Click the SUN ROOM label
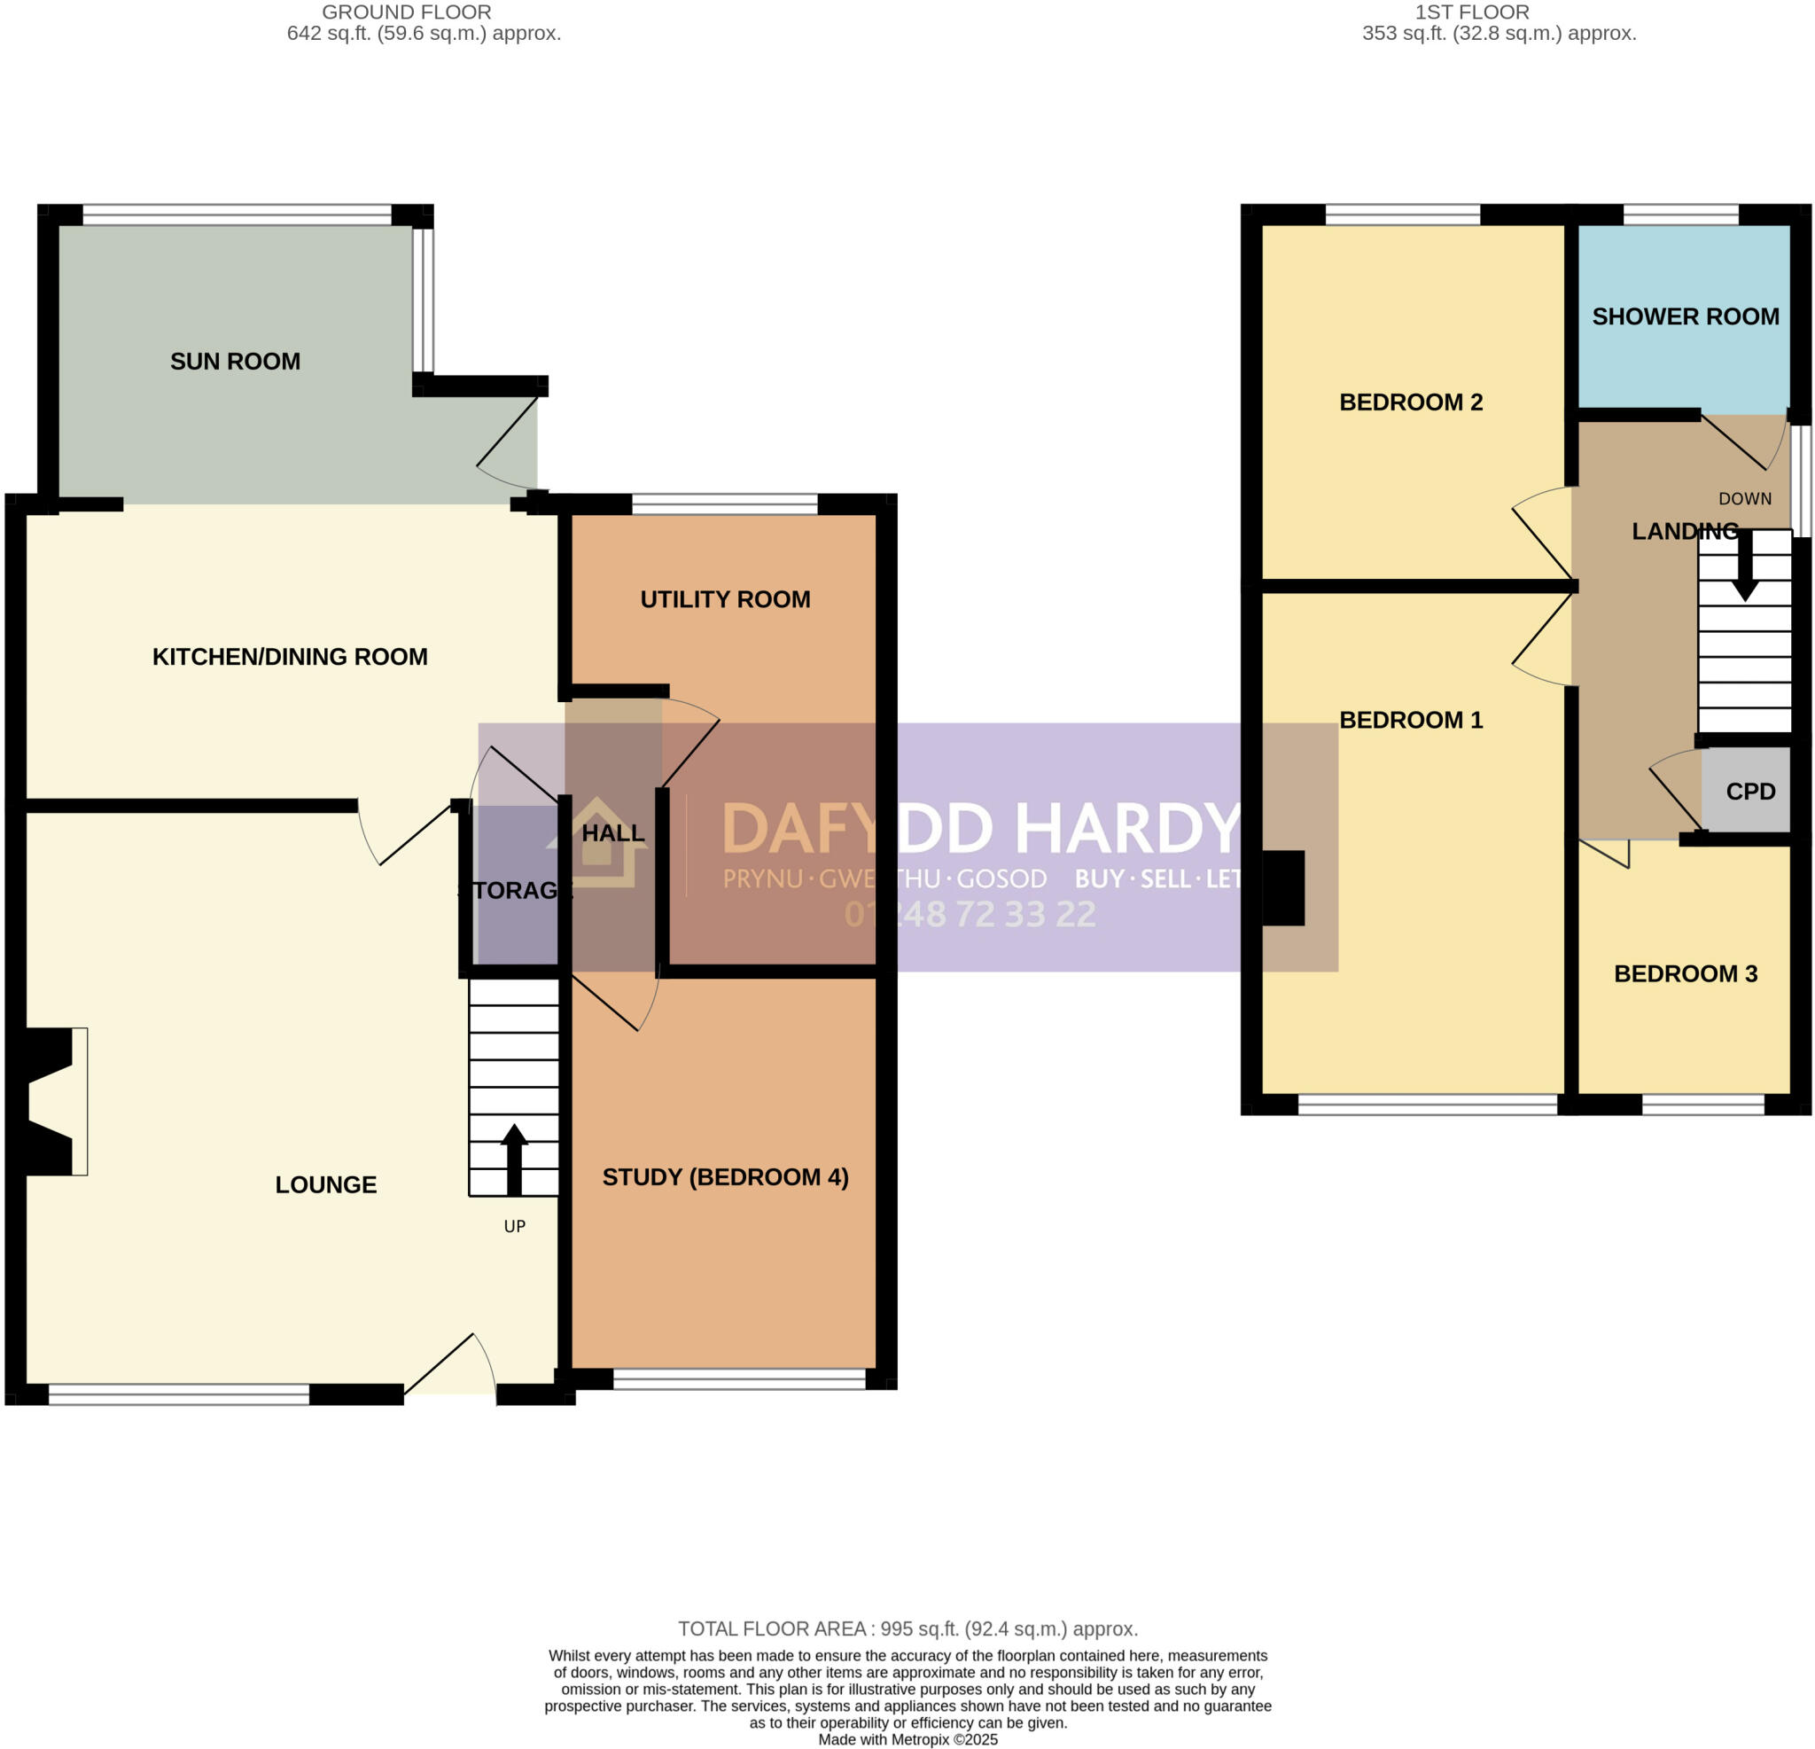(235, 362)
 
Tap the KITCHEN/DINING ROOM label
(290, 657)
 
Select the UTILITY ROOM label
(725, 599)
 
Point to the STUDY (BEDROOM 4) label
(725, 1176)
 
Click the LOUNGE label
(326, 1184)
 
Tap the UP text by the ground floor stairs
(515, 1227)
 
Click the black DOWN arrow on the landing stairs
(1745, 567)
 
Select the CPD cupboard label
(1750, 791)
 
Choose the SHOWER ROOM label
(1686, 316)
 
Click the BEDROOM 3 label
(1686, 973)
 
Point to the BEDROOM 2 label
(1410, 402)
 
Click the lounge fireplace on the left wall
(51, 1102)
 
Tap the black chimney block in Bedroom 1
(1283, 887)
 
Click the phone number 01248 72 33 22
(970, 914)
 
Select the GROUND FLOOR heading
(407, 13)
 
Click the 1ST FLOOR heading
(1471, 13)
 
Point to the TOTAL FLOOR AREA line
(907, 1628)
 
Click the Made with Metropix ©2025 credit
(907, 1740)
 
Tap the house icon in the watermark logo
(597, 843)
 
